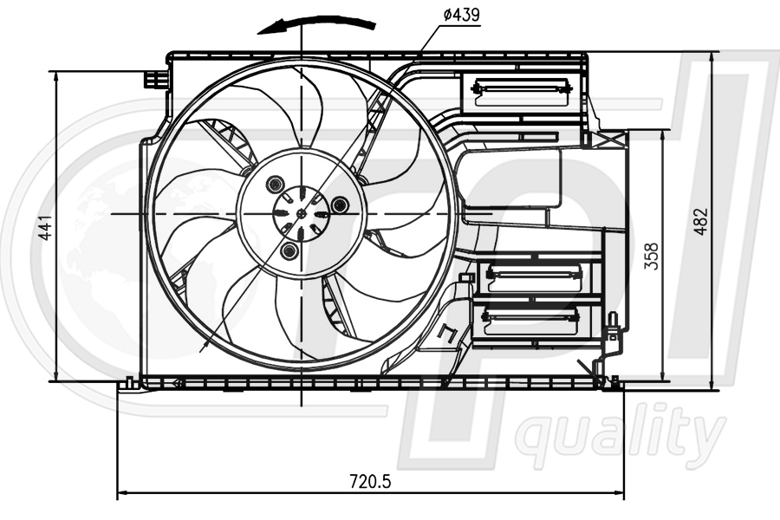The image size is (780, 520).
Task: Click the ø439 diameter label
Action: tap(461, 15)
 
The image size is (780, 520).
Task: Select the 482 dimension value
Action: tap(702, 220)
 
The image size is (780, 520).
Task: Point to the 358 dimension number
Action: tap(652, 256)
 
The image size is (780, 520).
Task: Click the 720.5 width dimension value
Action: tap(371, 480)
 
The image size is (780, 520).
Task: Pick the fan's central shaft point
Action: tap(301, 213)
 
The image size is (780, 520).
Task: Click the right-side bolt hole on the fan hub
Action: tap(340, 205)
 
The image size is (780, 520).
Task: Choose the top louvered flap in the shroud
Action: tap(521, 87)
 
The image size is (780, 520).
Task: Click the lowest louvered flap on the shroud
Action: tap(531, 318)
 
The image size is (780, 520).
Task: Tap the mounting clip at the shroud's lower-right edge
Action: tap(613, 333)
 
